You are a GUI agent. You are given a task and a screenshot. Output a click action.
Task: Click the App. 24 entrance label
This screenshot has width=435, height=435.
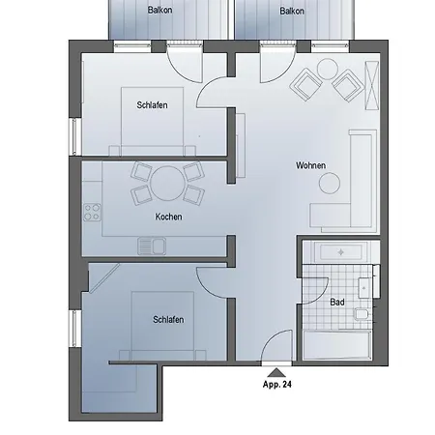tap(277, 385)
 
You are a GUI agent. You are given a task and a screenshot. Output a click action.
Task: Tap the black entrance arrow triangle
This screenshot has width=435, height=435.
tap(276, 373)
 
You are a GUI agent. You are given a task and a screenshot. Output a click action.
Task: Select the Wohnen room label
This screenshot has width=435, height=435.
tap(311, 165)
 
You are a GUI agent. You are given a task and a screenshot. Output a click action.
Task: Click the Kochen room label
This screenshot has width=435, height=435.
tap(168, 217)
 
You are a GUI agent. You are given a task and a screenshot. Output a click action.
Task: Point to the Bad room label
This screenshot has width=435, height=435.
tap(337, 303)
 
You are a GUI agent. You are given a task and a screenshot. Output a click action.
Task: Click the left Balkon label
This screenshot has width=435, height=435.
tap(159, 10)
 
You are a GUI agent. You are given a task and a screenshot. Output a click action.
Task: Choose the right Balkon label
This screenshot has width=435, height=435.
tap(292, 12)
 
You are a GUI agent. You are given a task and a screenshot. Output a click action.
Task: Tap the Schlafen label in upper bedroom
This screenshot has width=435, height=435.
tap(152, 105)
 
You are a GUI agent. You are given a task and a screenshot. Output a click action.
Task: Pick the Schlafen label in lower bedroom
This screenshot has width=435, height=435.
tap(168, 320)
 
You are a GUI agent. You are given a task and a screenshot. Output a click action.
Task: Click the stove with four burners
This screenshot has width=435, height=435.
tap(92, 213)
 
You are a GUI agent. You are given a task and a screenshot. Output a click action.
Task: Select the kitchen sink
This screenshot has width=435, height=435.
tap(152, 246)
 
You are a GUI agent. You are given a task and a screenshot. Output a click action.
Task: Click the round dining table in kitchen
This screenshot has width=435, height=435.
tap(167, 184)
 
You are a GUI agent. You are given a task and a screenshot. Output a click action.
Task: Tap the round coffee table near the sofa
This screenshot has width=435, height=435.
tap(330, 183)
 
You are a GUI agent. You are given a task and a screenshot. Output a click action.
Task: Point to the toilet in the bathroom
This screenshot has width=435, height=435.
tap(362, 314)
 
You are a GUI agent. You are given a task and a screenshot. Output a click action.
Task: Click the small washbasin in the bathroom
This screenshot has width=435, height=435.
tap(364, 288)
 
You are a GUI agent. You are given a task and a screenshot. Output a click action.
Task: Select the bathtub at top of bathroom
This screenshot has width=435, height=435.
tap(340, 252)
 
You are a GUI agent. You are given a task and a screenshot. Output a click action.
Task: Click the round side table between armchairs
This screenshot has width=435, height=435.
tap(328, 69)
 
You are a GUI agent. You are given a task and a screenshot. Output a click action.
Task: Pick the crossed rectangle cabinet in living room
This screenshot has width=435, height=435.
tap(371, 85)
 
